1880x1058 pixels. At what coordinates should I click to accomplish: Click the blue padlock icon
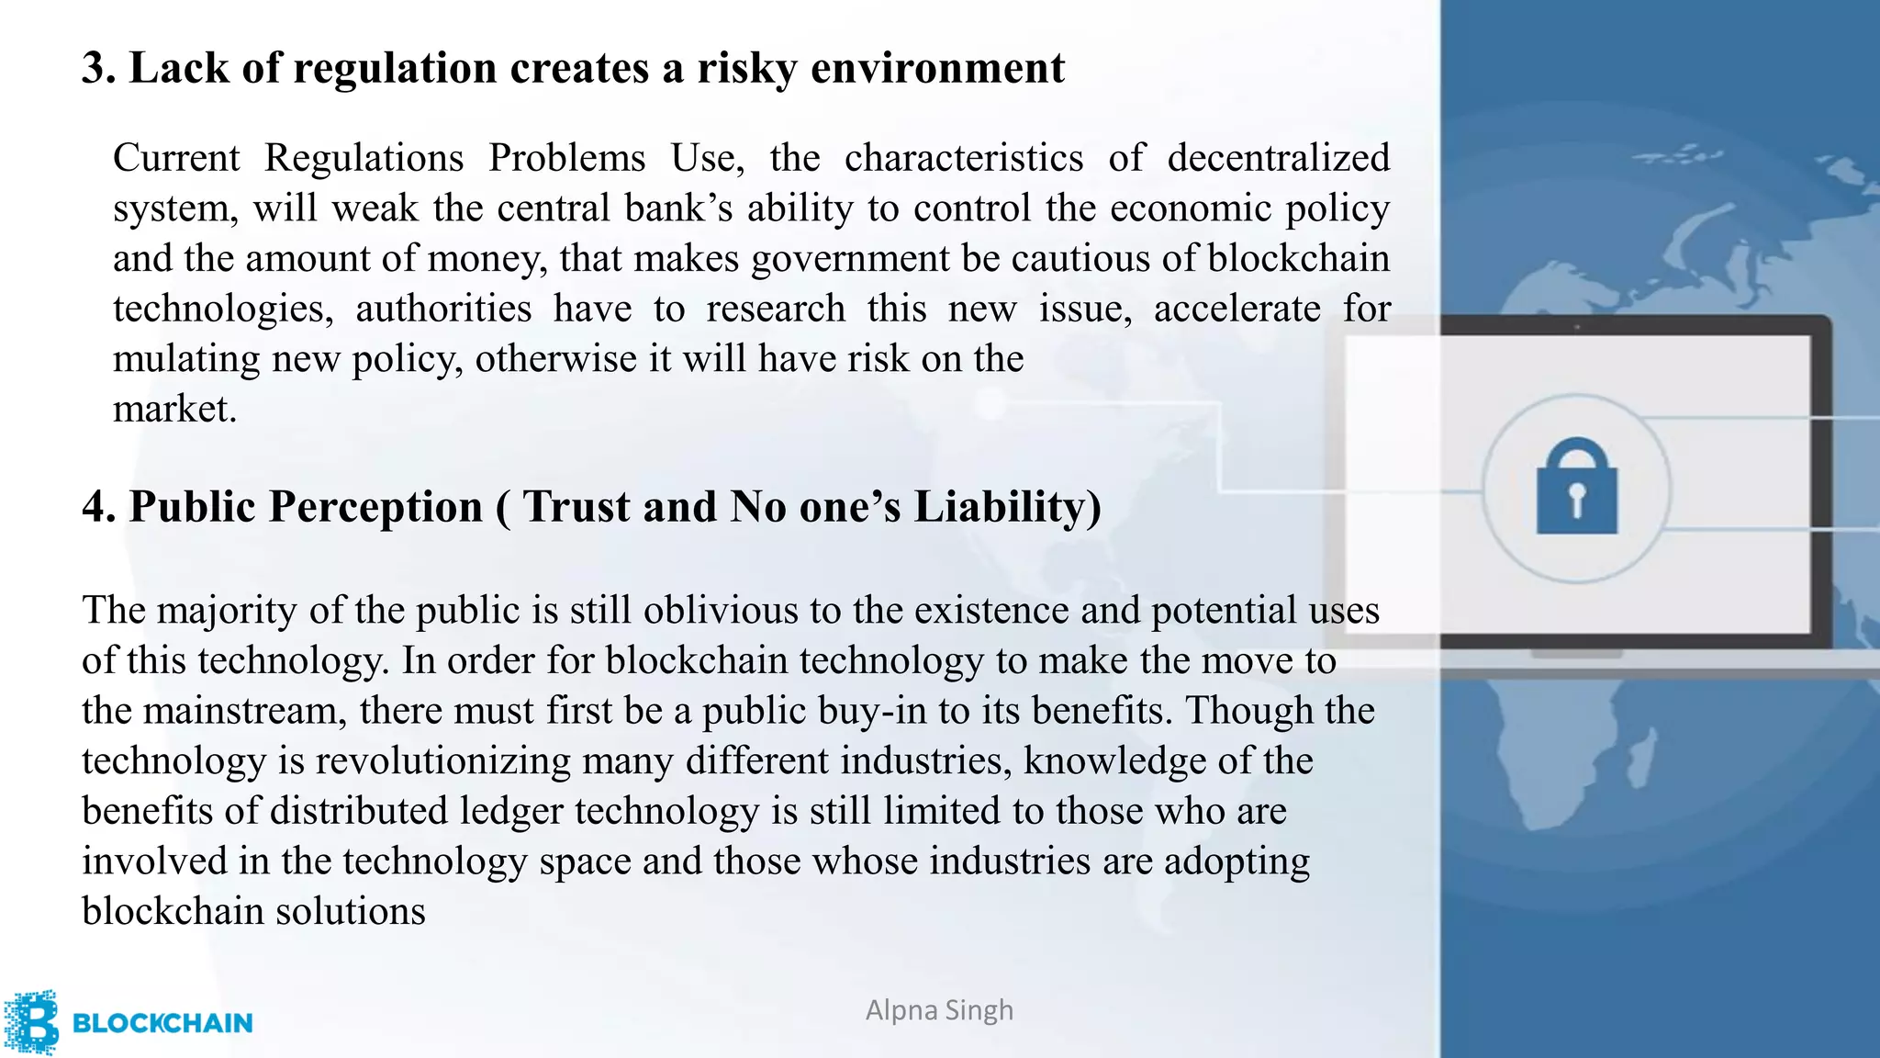coord(1576,488)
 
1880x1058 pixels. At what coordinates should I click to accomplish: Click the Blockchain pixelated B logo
coord(31,1021)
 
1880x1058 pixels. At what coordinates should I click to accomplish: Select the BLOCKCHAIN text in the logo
coord(162,1023)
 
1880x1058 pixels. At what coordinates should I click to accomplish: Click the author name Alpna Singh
coord(939,1010)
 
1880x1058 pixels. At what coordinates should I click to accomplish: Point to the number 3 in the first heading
coord(93,69)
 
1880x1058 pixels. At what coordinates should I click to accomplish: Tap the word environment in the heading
coord(937,69)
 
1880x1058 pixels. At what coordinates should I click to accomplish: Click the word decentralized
coord(1278,158)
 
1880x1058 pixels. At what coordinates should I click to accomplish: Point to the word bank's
coord(678,208)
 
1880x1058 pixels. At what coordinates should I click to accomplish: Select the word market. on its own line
coord(174,409)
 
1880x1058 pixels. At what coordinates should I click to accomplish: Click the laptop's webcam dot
coord(1577,326)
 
